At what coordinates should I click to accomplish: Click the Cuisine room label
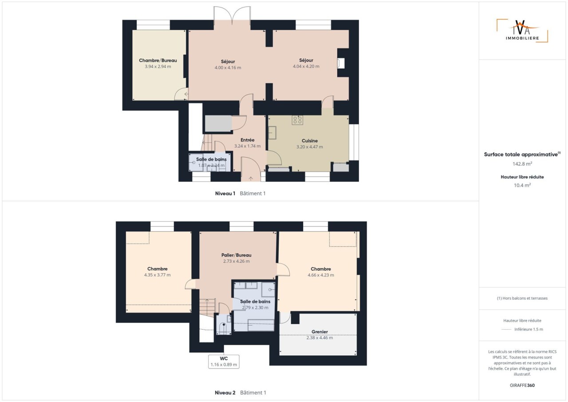(310, 141)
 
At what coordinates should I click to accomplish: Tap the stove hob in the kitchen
(297, 120)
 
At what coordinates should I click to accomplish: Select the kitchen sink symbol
(272, 133)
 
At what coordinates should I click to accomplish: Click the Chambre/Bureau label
(158, 60)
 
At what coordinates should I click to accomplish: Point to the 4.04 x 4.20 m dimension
(306, 67)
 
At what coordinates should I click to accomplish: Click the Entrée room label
(247, 140)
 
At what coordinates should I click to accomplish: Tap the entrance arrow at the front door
(251, 178)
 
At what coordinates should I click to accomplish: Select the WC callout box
(224, 362)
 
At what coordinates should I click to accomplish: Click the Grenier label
(319, 331)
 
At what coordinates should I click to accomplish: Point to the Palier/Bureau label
(237, 255)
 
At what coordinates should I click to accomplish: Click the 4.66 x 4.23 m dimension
(321, 275)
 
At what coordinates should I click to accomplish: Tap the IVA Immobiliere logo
(522, 31)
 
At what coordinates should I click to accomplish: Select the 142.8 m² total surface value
(522, 164)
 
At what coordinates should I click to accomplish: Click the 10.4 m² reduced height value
(522, 185)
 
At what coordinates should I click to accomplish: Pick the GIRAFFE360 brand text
(522, 385)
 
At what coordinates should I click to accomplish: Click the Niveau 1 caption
(225, 193)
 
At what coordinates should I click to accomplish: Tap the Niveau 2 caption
(225, 393)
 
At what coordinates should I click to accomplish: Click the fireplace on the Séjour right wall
(341, 63)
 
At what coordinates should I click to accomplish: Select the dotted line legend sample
(506, 330)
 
